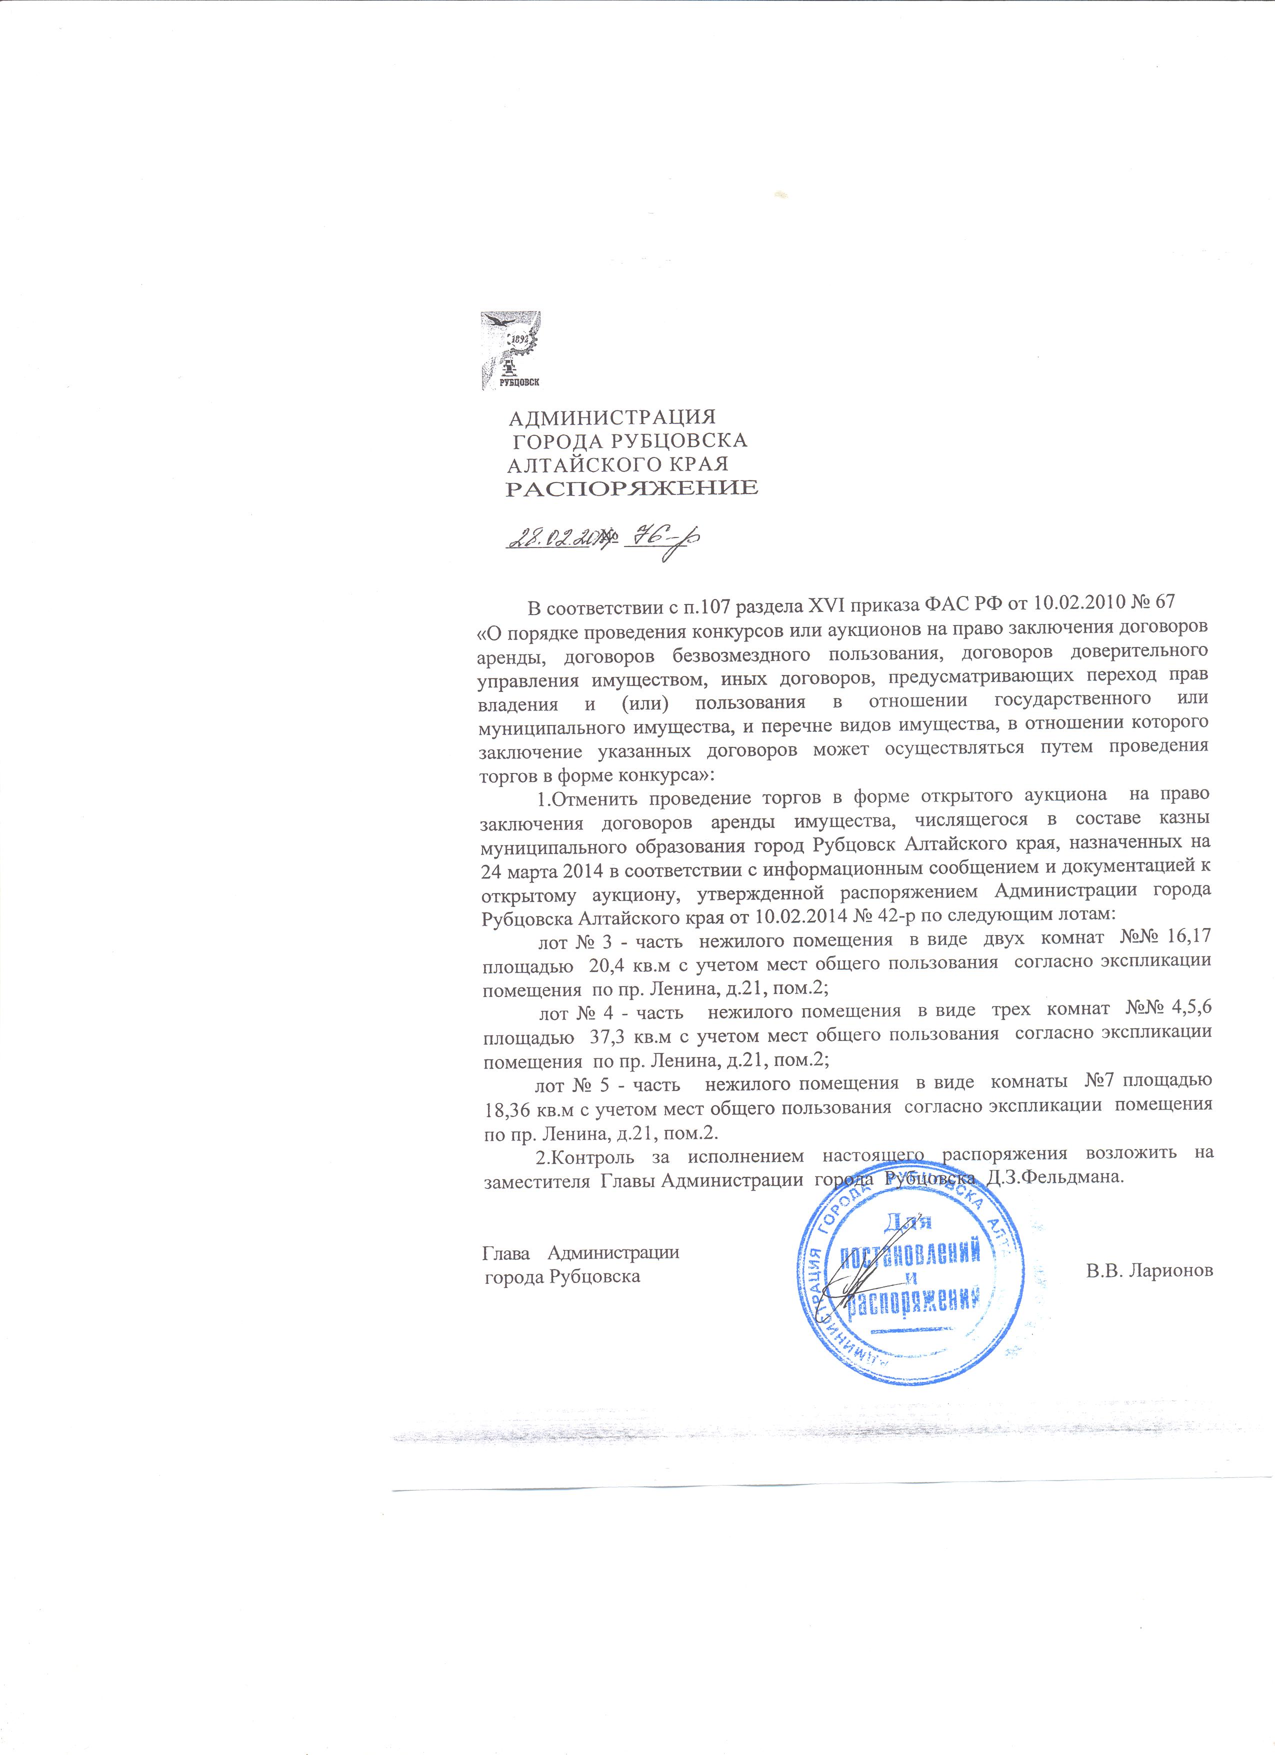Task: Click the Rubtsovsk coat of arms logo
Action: pyautogui.click(x=510, y=350)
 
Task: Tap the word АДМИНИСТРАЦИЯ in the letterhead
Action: pyautogui.click(x=611, y=418)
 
